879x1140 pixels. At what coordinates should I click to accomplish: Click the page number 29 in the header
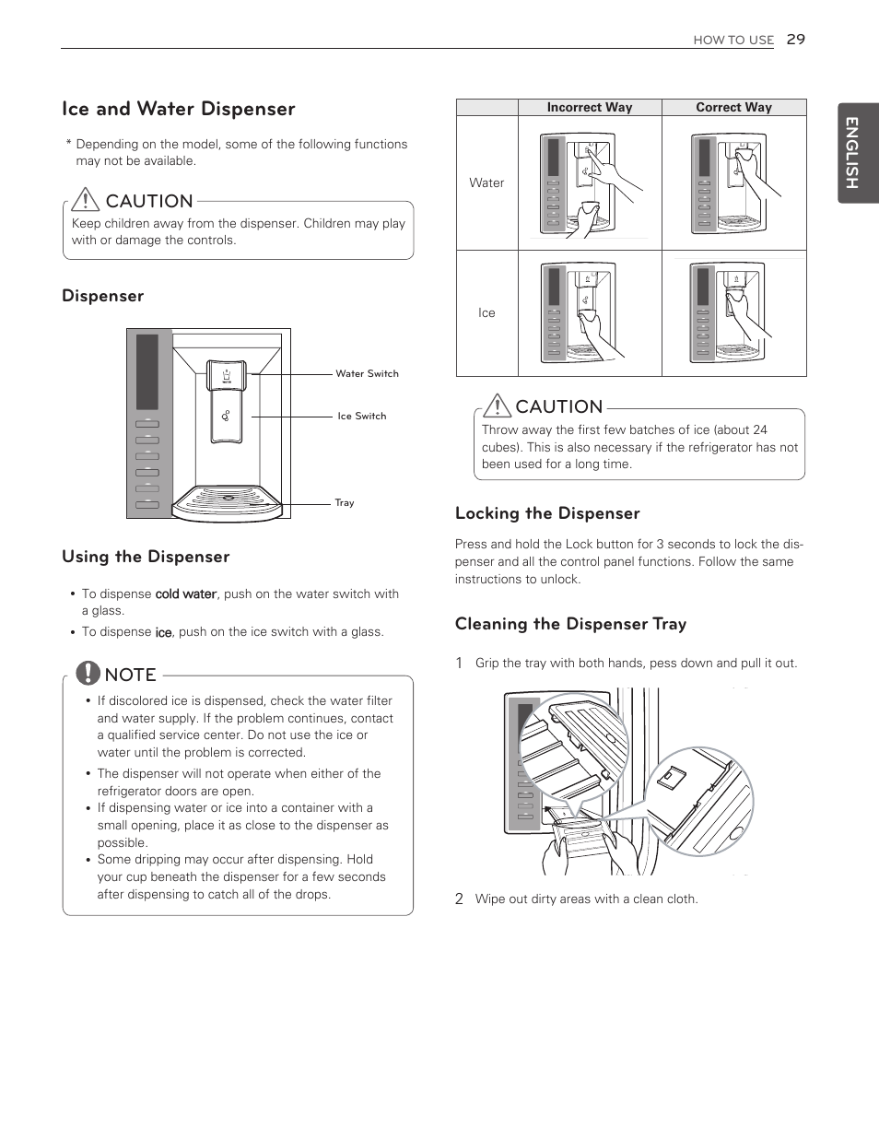[795, 39]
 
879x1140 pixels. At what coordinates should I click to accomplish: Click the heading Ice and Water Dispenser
[179, 109]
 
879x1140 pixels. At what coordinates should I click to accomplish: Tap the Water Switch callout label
[367, 373]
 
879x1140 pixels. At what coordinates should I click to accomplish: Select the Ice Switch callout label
[361, 416]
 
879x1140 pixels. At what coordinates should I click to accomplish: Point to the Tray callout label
[344, 502]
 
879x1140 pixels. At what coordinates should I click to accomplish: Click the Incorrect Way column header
[589, 107]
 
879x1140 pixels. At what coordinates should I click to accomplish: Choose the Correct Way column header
[733, 107]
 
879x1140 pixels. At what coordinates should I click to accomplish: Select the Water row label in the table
[486, 182]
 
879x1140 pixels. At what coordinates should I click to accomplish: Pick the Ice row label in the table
[486, 313]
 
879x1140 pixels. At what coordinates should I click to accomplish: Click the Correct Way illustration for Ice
[733, 313]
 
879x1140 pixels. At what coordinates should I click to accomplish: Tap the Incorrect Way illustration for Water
[589, 184]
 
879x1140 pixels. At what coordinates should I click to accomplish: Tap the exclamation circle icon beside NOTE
[88, 673]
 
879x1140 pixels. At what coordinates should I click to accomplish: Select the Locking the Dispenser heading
[547, 513]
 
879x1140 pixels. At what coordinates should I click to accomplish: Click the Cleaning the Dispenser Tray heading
[570, 624]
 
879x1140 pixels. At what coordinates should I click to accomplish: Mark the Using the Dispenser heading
[146, 557]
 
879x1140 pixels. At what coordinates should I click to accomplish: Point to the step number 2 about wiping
[459, 899]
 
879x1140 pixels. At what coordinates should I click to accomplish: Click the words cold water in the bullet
[185, 594]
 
